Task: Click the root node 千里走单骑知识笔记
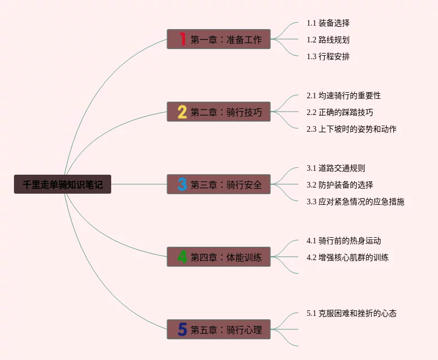pyautogui.click(x=63, y=184)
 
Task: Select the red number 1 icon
pyautogui.click(x=182, y=39)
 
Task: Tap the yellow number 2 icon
pyautogui.click(x=182, y=112)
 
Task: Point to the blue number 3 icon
pyautogui.click(x=182, y=184)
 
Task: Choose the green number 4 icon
pyautogui.click(x=182, y=257)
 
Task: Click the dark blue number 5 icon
pyautogui.click(x=182, y=329)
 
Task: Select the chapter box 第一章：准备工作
pyautogui.click(x=219, y=39)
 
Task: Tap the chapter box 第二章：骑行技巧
pyautogui.click(x=219, y=112)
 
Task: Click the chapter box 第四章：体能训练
pyautogui.click(x=219, y=257)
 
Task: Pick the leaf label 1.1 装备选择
pyautogui.click(x=328, y=23)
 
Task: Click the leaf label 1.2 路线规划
pyautogui.click(x=328, y=40)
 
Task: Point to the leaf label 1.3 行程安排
pyautogui.click(x=328, y=56)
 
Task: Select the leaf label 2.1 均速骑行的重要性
pyautogui.click(x=344, y=95)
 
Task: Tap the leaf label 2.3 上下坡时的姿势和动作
pyautogui.click(x=351, y=129)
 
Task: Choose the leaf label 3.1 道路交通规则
pyautogui.click(x=336, y=168)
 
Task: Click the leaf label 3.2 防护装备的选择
pyautogui.click(x=340, y=185)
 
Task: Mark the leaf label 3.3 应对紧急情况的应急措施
pyautogui.click(x=355, y=201)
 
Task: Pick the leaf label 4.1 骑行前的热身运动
pyautogui.click(x=344, y=241)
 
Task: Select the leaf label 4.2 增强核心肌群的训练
pyautogui.click(x=347, y=257)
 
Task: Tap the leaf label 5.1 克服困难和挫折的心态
pyautogui.click(x=351, y=313)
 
